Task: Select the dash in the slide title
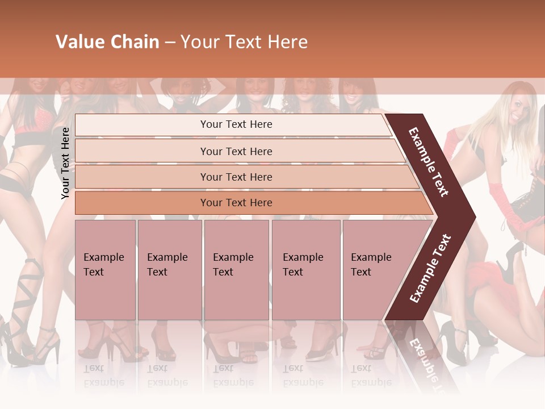pos(170,43)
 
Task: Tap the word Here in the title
pos(287,42)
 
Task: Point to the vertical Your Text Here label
pos(65,163)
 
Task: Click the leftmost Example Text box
pos(105,270)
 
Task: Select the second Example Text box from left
pos(169,270)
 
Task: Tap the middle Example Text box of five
pos(236,270)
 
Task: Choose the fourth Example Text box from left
pos(305,270)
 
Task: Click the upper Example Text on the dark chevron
pos(429,162)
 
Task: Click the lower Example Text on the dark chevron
pos(430,268)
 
